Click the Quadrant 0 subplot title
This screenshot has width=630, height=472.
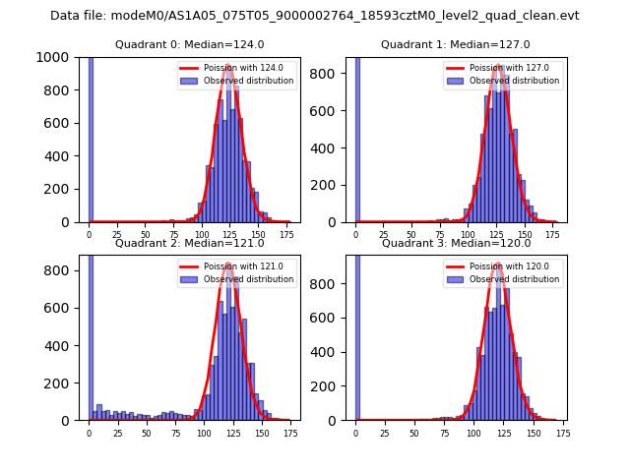pos(189,44)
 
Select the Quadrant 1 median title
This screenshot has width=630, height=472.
pos(455,44)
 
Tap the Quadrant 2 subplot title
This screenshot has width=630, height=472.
pos(189,243)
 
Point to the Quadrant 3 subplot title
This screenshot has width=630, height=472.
pos(455,243)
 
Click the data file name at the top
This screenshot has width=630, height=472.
pos(315,16)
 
